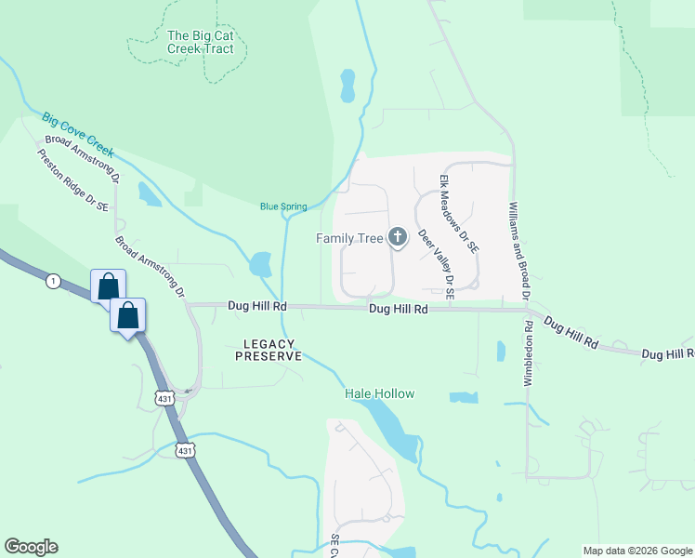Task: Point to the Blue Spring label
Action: pos(283,206)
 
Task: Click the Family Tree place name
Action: pos(349,238)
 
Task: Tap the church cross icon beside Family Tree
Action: pos(398,237)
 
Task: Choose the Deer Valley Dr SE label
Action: pos(436,263)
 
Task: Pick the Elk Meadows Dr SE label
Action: pos(459,214)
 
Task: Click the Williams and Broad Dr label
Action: pos(518,237)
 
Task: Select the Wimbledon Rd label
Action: pos(527,339)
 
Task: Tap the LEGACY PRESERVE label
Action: pos(271,350)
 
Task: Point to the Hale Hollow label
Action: pos(379,393)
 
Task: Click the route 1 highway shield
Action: pos(54,281)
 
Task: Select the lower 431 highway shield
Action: pos(185,451)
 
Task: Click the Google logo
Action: pos(31,547)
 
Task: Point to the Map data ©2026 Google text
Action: pos(636,551)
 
